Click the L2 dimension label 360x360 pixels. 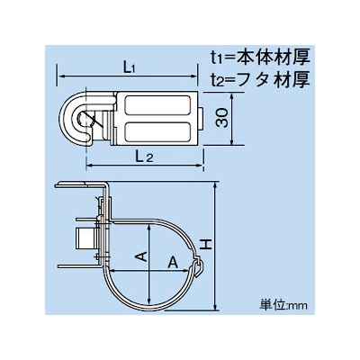[144, 157]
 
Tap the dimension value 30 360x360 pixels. [222, 118]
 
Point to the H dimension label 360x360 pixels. [206, 245]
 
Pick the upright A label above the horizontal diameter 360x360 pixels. [173, 263]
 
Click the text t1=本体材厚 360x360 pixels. [260, 57]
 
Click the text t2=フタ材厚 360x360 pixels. [260, 79]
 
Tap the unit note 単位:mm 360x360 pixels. [283, 305]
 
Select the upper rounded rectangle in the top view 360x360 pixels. [157, 105]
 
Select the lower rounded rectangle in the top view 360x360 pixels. [157, 131]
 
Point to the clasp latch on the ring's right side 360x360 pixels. [199, 265]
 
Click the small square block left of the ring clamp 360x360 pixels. [86, 238]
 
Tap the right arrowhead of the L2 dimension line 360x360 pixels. [200, 165]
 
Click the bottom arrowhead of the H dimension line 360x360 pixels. [215, 306]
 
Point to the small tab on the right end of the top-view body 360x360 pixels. [202, 119]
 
